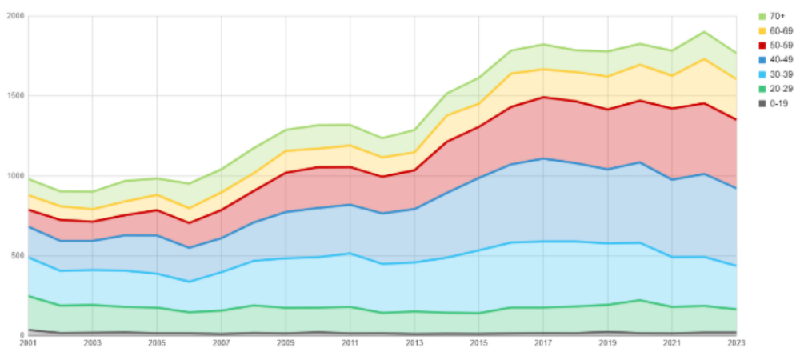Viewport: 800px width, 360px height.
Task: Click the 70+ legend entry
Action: coord(775,16)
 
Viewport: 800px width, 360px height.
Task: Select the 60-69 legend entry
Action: coord(777,30)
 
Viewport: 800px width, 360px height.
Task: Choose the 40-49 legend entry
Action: coord(777,59)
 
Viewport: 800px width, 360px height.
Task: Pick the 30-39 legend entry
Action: coord(777,74)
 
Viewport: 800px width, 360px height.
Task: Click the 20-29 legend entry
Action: coord(777,89)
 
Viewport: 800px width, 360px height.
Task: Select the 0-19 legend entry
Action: coord(775,103)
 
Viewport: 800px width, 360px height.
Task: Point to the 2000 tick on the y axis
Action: coord(15,17)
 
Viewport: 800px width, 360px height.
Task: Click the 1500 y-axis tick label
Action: coord(15,96)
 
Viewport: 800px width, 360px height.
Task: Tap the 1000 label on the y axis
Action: coord(15,176)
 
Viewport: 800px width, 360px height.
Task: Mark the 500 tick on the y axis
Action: coord(18,256)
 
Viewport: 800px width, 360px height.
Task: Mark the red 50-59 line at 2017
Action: coord(544,97)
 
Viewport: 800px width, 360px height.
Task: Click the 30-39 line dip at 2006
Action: coord(190,282)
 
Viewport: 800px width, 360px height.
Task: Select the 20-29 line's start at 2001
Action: coord(28,295)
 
